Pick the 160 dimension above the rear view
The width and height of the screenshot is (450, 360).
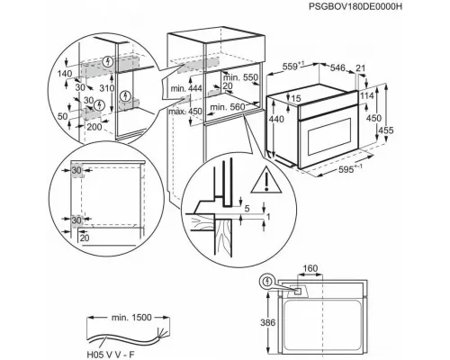[x=310, y=268]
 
